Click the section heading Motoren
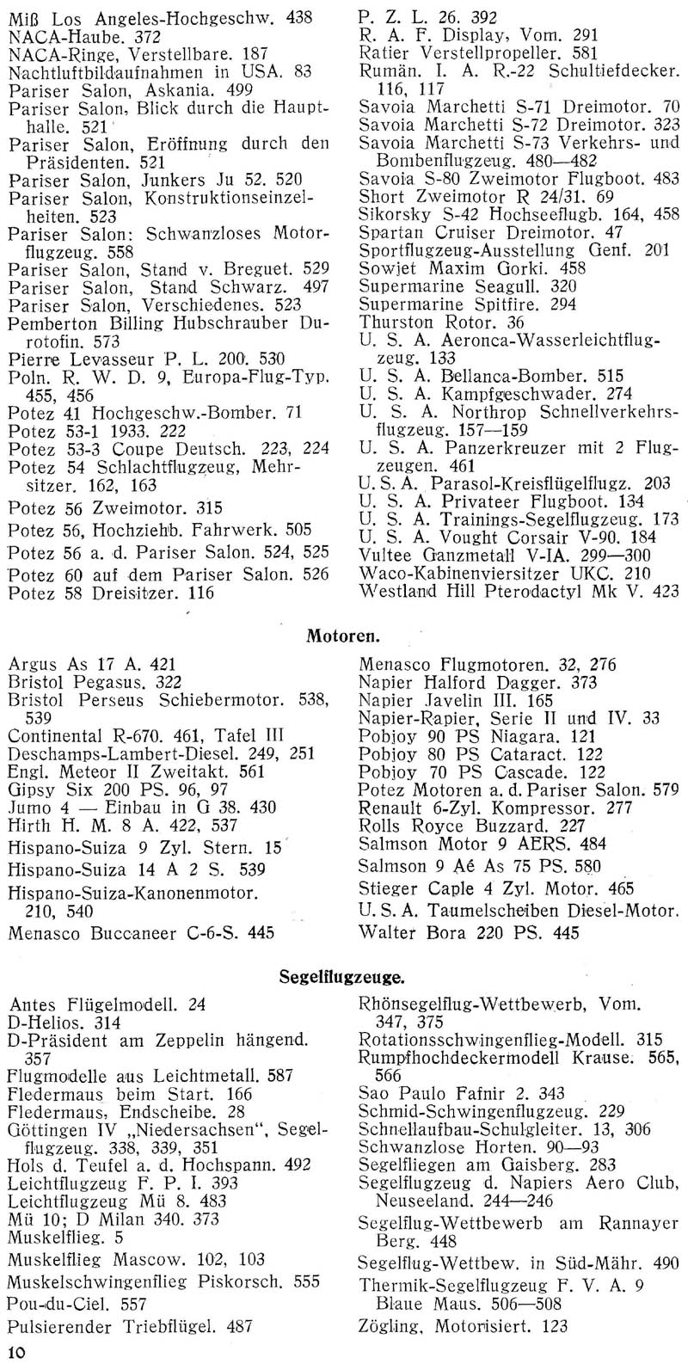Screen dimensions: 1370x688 (x=343, y=637)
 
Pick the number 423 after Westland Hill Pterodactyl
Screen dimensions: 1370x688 (x=664, y=591)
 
